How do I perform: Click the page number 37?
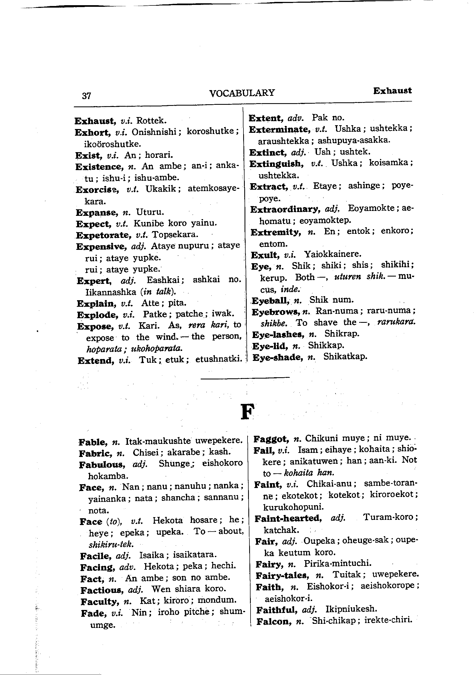point(87,96)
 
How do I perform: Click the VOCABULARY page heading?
point(242,93)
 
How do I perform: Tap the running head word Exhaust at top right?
point(392,91)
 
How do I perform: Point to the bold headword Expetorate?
point(103,235)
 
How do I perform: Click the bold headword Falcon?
point(273,621)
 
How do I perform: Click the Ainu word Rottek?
point(151,121)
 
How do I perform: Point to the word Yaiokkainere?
point(332,254)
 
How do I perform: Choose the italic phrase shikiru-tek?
point(111,544)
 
